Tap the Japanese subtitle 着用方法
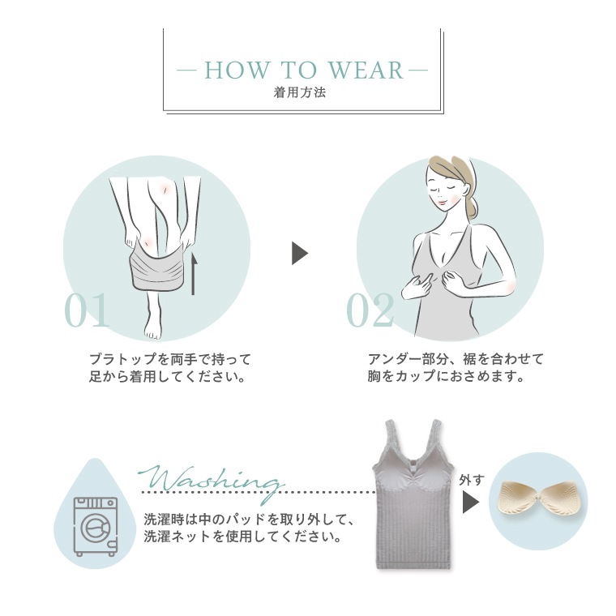click(x=300, y=92)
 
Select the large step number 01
click(x=87, y=310)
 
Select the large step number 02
click(x=370, y=310)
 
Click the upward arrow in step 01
click(x=193, y=274)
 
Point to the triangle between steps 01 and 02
click(x=300, y=253)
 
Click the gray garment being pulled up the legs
click(x=157, y=268)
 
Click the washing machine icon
click(x=96, y=526)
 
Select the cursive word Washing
click(x=211, y=481)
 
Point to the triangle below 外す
click(x=471, y=503)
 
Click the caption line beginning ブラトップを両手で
click(x=170, y=359)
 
